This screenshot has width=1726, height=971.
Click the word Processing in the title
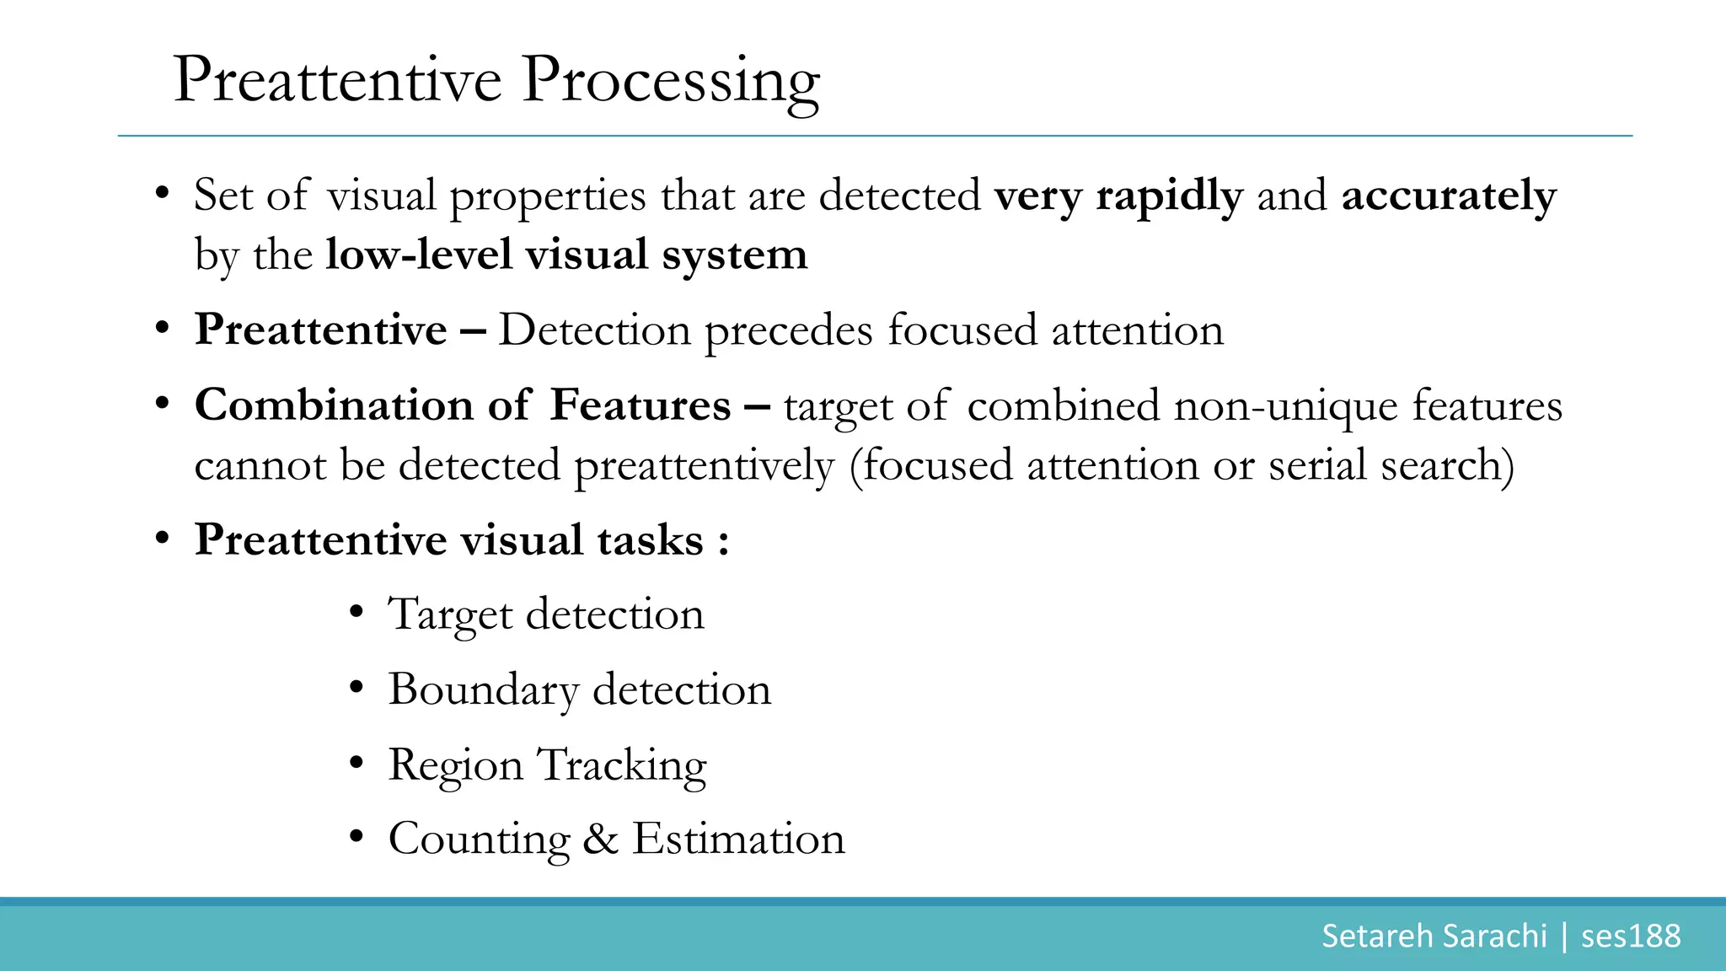pyautogui.click(x=670, y=81)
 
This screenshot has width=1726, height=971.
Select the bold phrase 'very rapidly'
pyautogui.click(x=1118, y=196)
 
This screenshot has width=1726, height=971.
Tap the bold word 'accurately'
pyautogui.click(x=1448, y=196)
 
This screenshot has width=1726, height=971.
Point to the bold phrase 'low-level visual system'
pyautogui.click(x=566, y=255)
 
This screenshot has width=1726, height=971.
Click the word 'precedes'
pyautogui.click(x=788, y=330)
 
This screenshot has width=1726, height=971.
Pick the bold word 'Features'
pyautogui.click(x=640, y=405)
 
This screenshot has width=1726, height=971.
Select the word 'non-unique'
pyautogui.click(x=1286, y=405)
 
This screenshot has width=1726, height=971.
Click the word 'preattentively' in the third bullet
pyautogui.click(x=704, y=465)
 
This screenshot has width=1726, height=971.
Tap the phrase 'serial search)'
pyautogui.click(x=1391, y=465)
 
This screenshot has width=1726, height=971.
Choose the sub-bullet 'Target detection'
pyautogui.click(x=545, y=614)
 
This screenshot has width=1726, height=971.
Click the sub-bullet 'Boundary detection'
pyautogui.click(x=579, y=689)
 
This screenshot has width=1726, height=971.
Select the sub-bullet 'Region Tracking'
pyautogui.click(x=547, y=765)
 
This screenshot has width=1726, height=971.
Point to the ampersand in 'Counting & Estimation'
pyautogui.click(x=600, y=839)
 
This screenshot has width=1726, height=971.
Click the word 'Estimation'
pyautogui.click(x=738, y=839)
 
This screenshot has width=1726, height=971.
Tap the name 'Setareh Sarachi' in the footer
pyautogui.click(x=1434, y=936)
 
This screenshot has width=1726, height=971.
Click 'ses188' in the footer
pyautogui.click(x=1631, y=936)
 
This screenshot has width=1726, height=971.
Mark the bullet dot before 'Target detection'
pyautogui.click(x=356, y=613)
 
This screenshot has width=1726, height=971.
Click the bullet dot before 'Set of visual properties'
pyautogui.click(x=163, y=195)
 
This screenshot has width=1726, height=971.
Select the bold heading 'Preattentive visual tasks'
pyautogui.click(x=448, y=540)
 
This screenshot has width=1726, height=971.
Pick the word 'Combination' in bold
pyautogui.click(x=334, y=405)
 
